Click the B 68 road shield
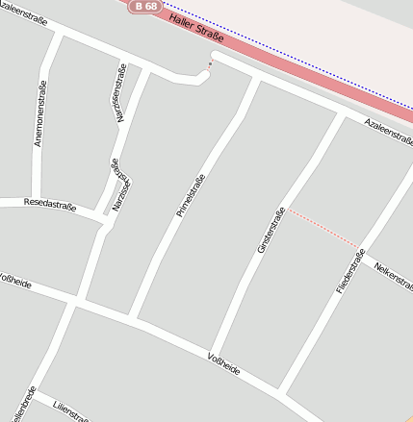(146, 6)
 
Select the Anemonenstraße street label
(39, 113)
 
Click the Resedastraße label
(49, 204)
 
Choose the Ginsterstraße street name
(271, 231)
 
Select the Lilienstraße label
(71, 411)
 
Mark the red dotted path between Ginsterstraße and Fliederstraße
(323, 228)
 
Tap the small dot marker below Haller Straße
(210, 63)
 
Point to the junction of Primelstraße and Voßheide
(132, 318)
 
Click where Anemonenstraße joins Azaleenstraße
(60, 34)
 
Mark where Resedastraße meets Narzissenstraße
(105, 225)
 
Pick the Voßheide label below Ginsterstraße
(223, 364)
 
